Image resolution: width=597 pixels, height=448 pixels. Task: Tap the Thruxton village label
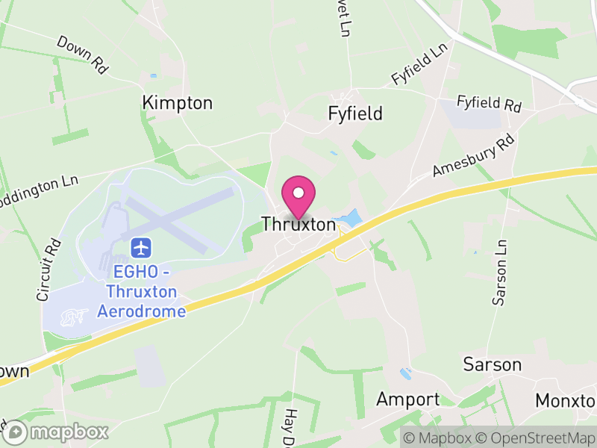pyautogui.click(x=298, y=223)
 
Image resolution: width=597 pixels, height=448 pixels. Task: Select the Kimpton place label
pyautogui.click(x=177, y=103)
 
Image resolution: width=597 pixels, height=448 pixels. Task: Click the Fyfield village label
pyautogui.click(x=355, y=113)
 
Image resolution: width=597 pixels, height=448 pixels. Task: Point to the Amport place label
pyautogui.click(x=407, y=399)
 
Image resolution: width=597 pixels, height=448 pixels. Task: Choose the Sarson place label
pyautogui.click(x=492, y=364)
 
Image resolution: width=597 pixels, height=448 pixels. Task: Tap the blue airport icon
pyautogui.click(x=140, y=246)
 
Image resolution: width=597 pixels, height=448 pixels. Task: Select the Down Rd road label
pyautogui.click(x=82, y=55)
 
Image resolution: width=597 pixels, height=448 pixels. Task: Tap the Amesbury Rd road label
pyautogui.click(x=474, y=156)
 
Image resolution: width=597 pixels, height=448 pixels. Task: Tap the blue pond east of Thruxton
pyautogui.click(x=348, y=219)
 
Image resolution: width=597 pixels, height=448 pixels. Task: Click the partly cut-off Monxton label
pyautogui.click(x=566, y=401)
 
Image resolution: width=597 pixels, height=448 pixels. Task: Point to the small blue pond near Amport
pyautogui.click(x=405, y=373)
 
